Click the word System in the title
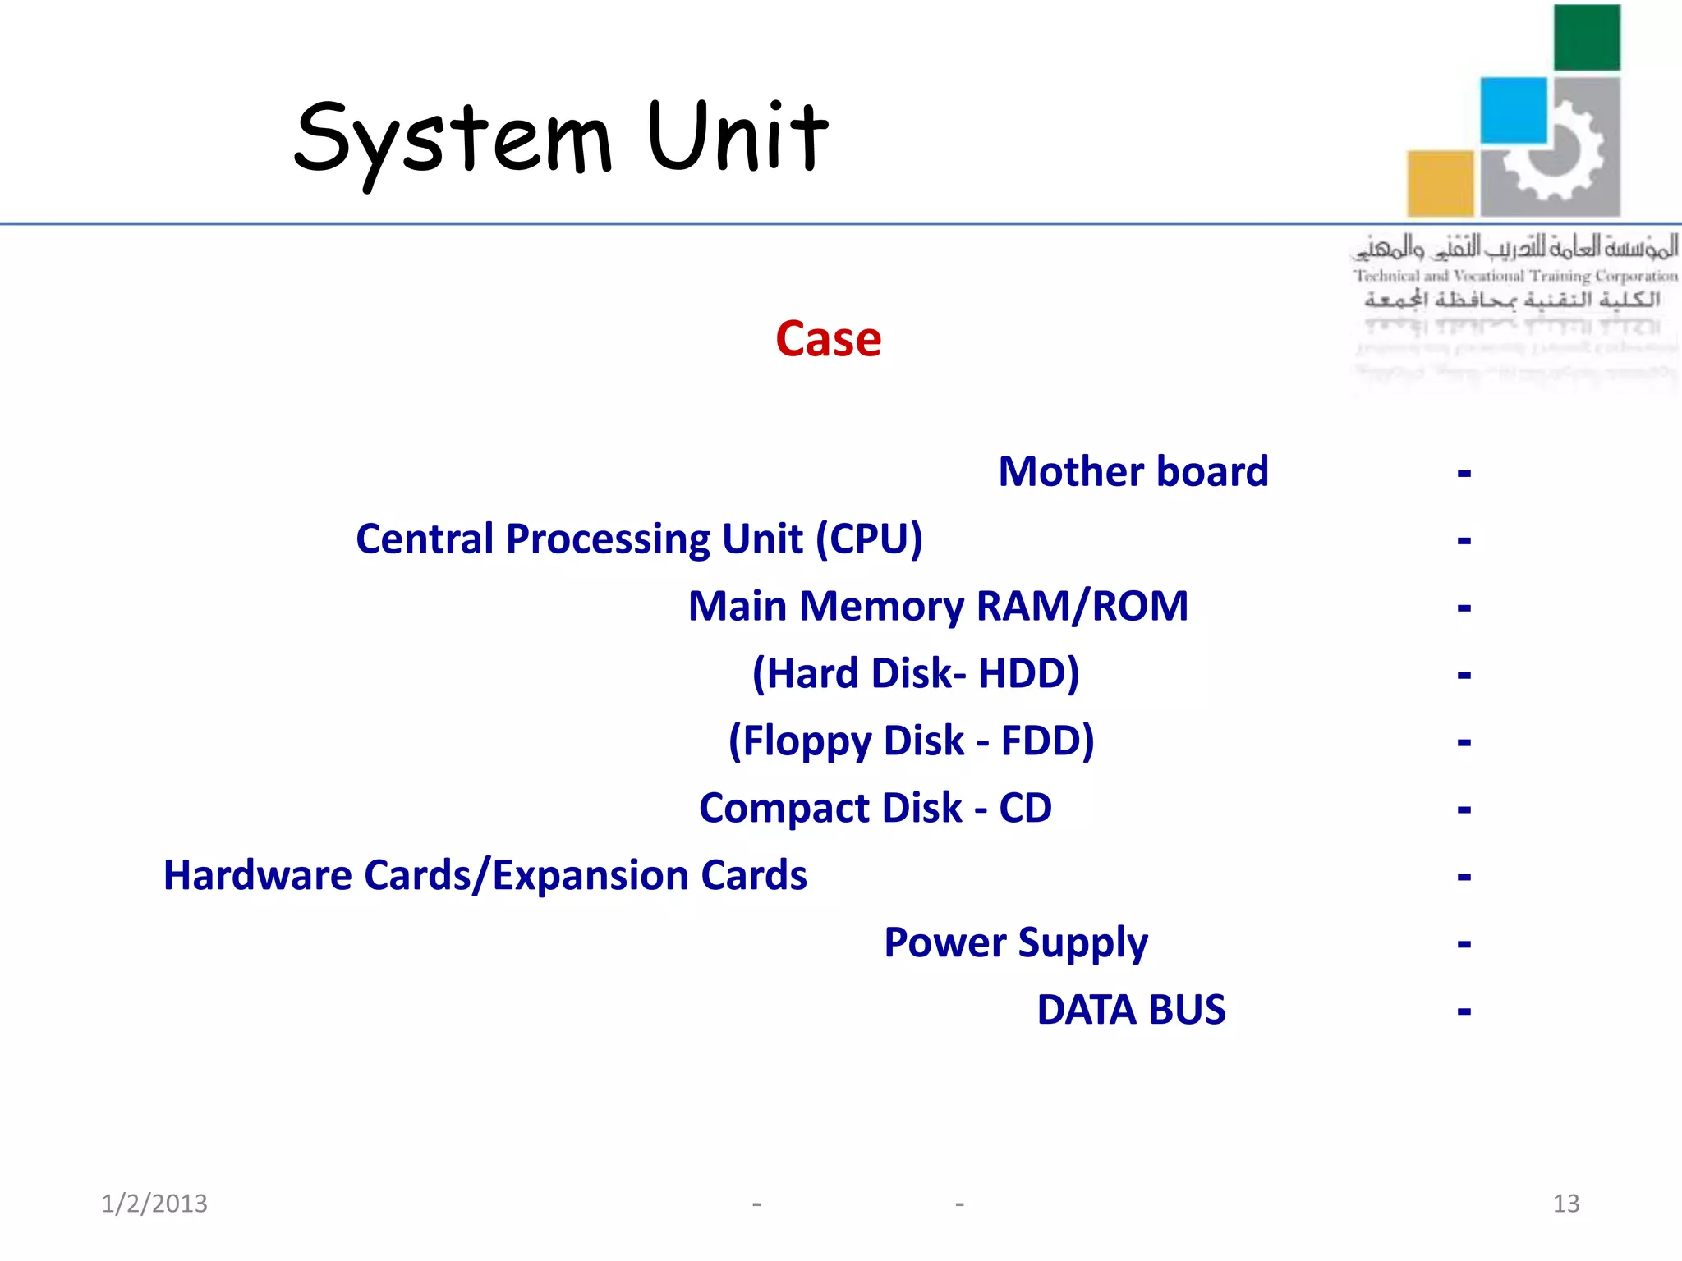453,138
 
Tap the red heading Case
828,339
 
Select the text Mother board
1133,472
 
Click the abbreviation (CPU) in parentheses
869,539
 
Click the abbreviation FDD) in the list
1047,741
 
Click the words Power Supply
1015,943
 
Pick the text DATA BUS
1131,1010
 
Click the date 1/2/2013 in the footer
154,1204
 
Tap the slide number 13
1565,1204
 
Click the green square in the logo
1587,38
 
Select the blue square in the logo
1513,110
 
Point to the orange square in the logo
1440,183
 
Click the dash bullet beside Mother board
1464,474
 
